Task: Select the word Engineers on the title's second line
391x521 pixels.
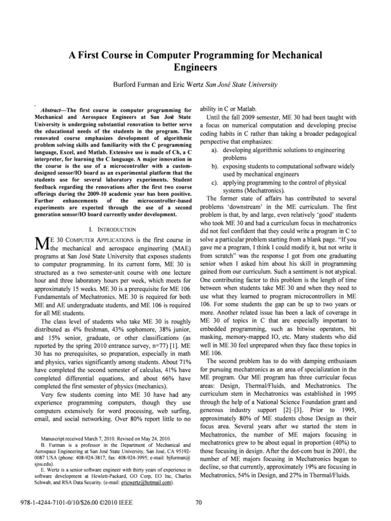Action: point(195,67)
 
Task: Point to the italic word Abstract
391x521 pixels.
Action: point(52,109)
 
